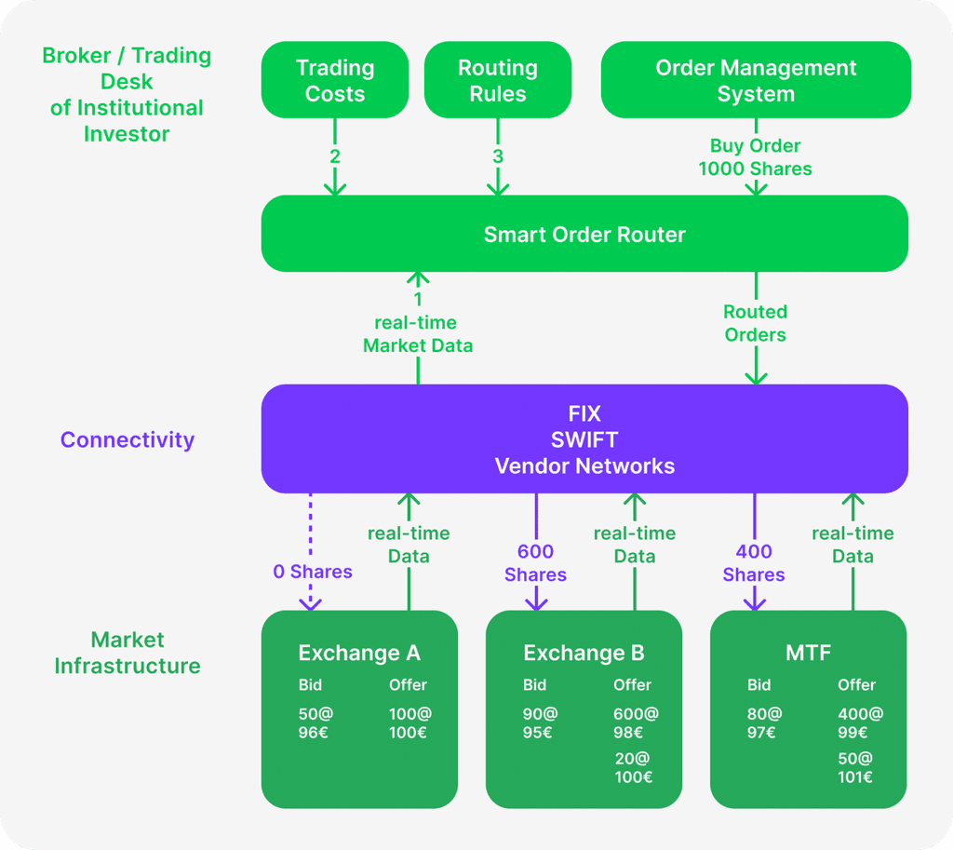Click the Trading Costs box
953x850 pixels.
click(335, 80)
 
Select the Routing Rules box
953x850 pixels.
click(498, 80)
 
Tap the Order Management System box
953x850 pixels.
click(756, 80)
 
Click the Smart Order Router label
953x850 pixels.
click(584, 235)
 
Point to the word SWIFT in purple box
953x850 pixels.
click(584, 439)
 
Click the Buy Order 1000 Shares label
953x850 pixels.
click(756, 157)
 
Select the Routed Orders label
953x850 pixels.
click(756, 323)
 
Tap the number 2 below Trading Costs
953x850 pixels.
click(334, 156)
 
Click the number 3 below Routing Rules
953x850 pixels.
click(498, 156)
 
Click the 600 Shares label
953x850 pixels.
click(536, 563)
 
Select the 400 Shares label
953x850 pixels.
click(754, 563)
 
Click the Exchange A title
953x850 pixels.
click(359, 653)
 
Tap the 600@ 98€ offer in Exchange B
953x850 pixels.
click(636, 722)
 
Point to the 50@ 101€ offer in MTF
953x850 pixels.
click(855, 767)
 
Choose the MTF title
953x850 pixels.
click(808, 653)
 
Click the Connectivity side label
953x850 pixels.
click(128, 439)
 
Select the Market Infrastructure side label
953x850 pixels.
click(128, 653)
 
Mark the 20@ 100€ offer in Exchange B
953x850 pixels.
click(634, 767)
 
